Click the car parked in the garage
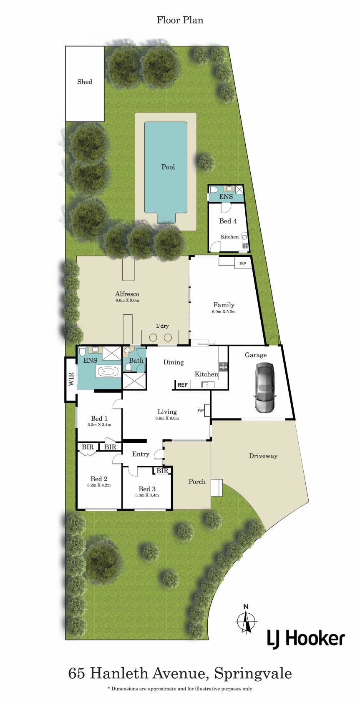265,387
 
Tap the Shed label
85,82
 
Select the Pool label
168,167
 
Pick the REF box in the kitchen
182,385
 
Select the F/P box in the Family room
243,264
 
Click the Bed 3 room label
147,489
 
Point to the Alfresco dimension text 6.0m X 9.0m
127,300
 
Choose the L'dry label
162,326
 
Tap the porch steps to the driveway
217,487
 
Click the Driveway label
263,456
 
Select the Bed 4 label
228,221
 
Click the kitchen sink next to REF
208,384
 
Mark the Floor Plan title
180,20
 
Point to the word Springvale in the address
253,675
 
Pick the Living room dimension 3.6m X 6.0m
167,418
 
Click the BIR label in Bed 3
162,471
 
